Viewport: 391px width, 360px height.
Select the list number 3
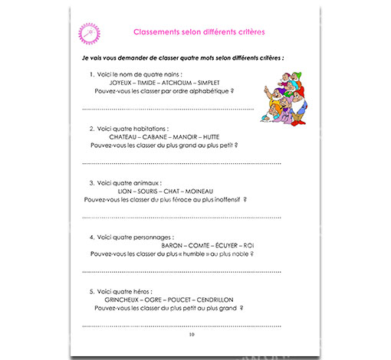(91, 183)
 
